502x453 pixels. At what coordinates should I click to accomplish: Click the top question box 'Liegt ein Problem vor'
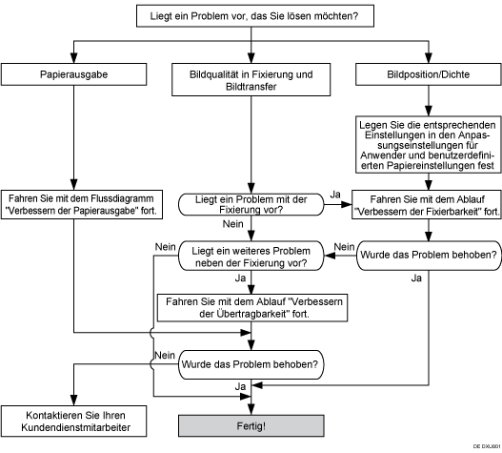(251, 17)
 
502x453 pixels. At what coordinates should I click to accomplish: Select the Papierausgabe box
(74, 72)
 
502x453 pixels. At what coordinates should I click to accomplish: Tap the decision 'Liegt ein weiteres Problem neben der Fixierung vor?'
(251, 252)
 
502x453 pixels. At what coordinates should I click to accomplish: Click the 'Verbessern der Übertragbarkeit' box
(251, 307)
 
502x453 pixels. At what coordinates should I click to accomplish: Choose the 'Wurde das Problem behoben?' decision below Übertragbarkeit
(251, 362)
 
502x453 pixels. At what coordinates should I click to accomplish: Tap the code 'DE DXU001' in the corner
(482, 445)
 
